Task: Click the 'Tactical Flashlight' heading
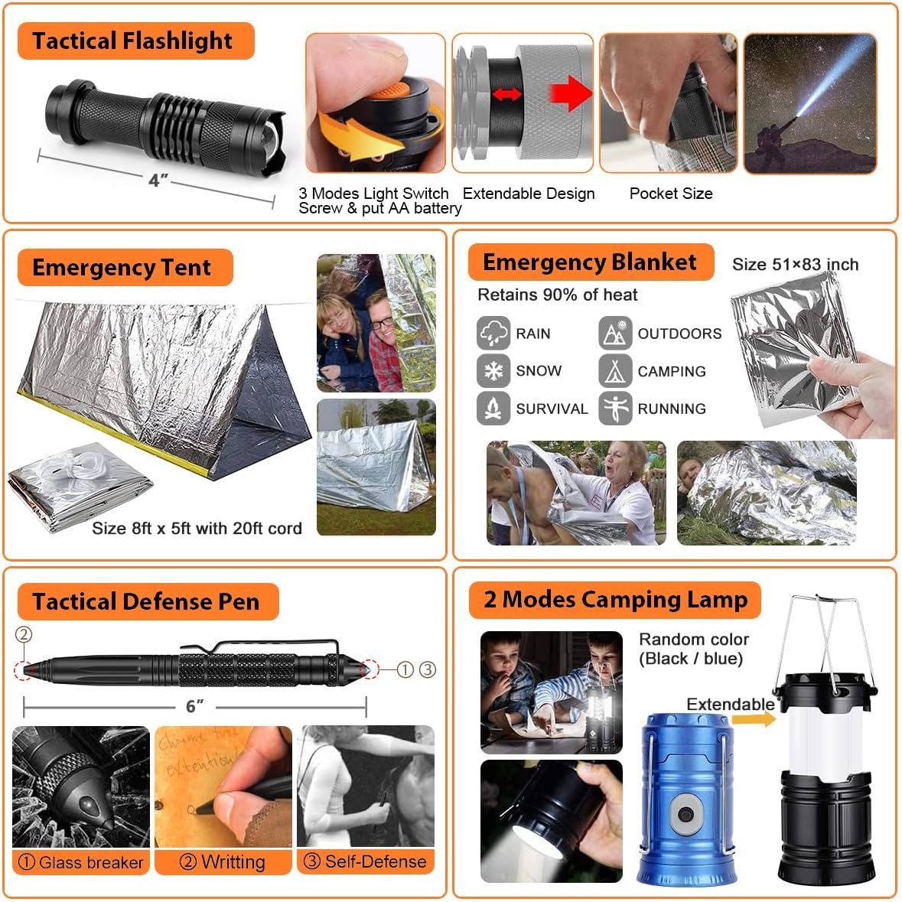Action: click(x=132, y=41)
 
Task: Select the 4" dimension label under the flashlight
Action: click(x=158, y=180)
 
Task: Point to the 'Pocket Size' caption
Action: click(x=670, y=194)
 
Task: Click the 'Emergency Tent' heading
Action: click(x=122, y=267)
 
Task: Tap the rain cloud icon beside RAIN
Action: click(x=493, y=334)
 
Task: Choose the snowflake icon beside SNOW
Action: click(x=493, y=371)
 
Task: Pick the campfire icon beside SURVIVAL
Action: click(x=493, y=408)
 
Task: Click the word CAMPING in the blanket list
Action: click(x=671, y=371)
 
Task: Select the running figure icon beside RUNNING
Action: click(x=615, y=408)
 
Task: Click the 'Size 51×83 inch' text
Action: click(x=795, y=265)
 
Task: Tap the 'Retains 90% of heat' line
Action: click(x=557, y=295)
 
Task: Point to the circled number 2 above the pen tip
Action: click(x=24, y=634)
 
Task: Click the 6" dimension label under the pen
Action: click(x=195, y=705)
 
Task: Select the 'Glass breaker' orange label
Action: click(x=81, y=862)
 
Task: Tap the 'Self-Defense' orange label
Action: click(x=366, y=861)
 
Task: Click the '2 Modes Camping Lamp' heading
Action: click(x=614, y=599)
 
